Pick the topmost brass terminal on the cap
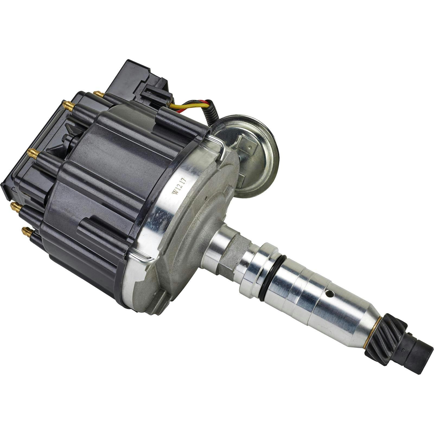(98, 94)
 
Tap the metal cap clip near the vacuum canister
(219, 147)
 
